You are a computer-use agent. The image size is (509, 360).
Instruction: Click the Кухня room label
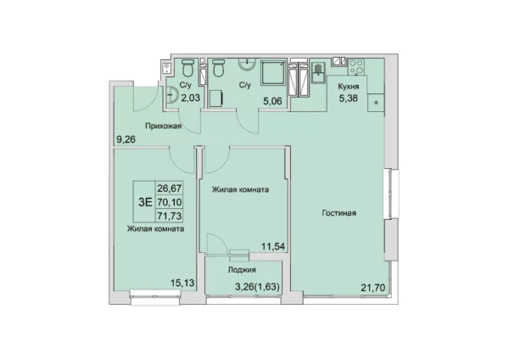pyautogui.click(x=349, y=87)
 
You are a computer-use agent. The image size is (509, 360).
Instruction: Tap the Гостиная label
pyautogui.click(x=338, y=213)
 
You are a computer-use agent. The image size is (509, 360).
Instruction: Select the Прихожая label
pyautogui.click(x=163, y=126)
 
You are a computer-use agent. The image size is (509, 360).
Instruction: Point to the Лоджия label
pyautogui.click(x=242, y=270)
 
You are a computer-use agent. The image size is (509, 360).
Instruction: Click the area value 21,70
pyautogui.click(x=373, y=288)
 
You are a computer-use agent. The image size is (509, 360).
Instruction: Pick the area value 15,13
pyautogui.click(x=182, y=283)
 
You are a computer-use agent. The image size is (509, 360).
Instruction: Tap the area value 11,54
pyautogui.click(x=273, y=246)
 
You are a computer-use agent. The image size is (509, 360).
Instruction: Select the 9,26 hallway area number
pyautogui.click(x=126, y=140)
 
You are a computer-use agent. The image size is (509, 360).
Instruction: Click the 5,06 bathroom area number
pyautogui.click(x=272, y=101)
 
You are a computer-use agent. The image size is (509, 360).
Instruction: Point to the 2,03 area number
pyautogui.click(x=190, y=98)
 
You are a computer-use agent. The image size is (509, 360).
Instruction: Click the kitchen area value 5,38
pyautogui.click(x=349, y=98)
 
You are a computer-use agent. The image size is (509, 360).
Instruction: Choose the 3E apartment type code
pyautogui.click(x=145, y=202)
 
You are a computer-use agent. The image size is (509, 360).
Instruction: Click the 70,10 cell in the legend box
pyautogui.click(x=170, y=202)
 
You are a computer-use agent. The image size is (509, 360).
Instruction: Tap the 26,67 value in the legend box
pyautogui.click(x=170, y=188)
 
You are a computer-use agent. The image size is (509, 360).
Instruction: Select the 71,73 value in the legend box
pyautogui.click(x=170, y=216)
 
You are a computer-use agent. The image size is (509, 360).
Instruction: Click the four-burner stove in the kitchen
pyautogui.click(x=356, y=66)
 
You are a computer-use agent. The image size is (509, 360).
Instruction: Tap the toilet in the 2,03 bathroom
pyautogui.click(x=187, y=67)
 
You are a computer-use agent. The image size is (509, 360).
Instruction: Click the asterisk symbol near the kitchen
pyautogui.click(x=376, y=103)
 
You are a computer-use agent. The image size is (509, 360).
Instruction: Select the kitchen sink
pyautogui.click(x=318, y=73)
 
